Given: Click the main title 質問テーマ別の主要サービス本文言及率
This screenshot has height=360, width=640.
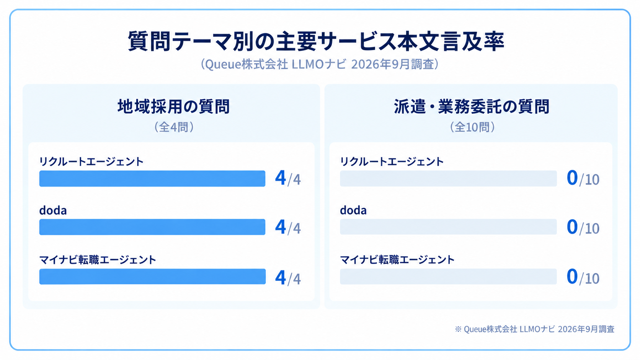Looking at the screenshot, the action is [x=316, y=41].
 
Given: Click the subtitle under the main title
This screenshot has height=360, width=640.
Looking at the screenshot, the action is [x=320, y=64].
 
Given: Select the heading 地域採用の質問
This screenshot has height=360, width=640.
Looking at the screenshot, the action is [x=174, y=106].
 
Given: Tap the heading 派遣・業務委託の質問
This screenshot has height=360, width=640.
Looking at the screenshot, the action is [x=472, y=106].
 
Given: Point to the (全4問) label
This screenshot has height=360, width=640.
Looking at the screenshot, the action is [x=174, y=127].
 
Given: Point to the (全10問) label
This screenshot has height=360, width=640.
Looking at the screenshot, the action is [x=472, y=127].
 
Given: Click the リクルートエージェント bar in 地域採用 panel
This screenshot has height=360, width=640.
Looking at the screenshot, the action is [x=152, y=178].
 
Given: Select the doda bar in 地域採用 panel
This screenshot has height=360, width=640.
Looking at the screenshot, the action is [x=152, y=227].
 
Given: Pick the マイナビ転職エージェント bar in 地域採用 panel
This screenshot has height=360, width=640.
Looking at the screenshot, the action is [x=153, y=276].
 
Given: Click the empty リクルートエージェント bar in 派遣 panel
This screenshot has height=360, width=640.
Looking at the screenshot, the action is [x=448, y=178].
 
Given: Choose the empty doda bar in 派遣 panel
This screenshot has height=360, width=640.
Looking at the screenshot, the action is [x=448, y=227].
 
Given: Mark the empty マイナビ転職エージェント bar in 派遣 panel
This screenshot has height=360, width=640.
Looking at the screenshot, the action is [x=448, y=276].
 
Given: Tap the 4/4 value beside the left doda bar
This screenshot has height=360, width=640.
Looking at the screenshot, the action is [x=288, y=227].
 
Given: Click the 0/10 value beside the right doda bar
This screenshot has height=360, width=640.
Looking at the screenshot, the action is [x=583, y=227].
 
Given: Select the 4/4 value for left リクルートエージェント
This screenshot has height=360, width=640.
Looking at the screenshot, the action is [x=288, y=178].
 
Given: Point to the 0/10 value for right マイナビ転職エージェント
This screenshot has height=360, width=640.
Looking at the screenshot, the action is [x=583, y=277].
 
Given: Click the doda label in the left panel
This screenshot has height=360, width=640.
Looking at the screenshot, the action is [x=53, y=210].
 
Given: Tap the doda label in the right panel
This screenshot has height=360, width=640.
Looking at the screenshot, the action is [x=353, y=210].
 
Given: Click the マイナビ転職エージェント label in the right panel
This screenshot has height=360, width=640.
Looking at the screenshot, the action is [x=397, y=260].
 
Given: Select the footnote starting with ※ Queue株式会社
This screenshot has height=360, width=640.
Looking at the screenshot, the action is [x=535, y=329].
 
